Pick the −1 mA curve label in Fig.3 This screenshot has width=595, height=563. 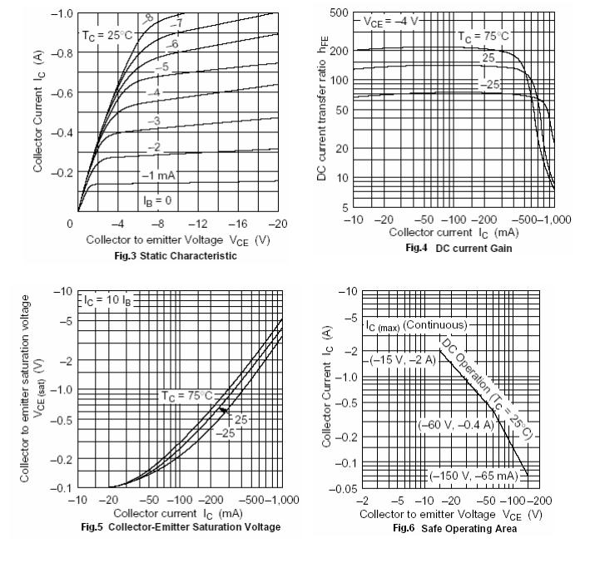158,175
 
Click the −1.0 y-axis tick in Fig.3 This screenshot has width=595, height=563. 60,14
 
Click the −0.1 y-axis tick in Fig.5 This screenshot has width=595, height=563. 58,488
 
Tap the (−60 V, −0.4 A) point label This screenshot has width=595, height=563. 459,425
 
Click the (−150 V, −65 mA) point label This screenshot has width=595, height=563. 474,477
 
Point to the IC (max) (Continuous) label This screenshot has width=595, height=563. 417,324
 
